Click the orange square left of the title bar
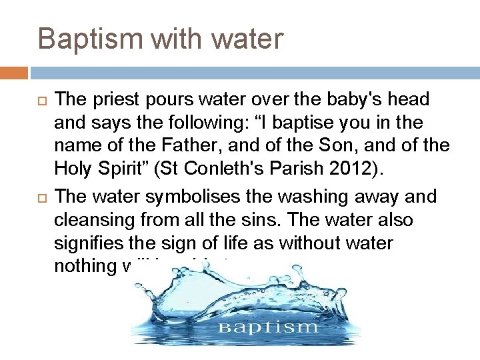(14, 73)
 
